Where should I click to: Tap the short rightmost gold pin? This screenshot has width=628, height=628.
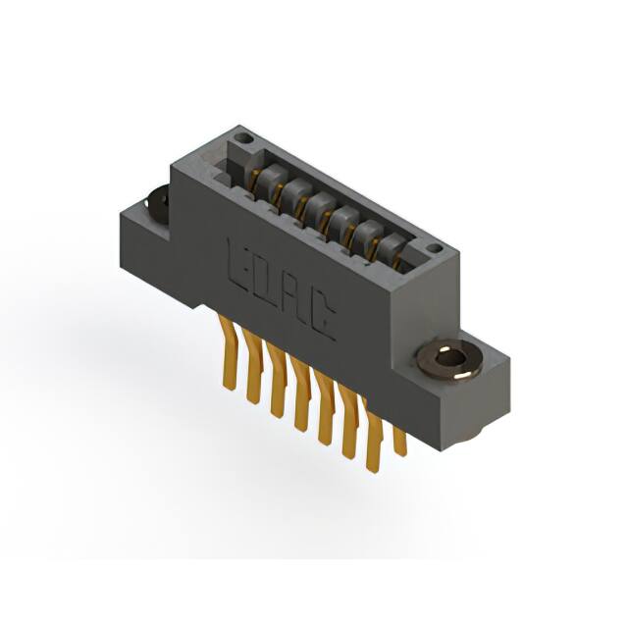[398, 437]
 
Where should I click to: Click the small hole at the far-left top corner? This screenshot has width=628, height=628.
[245, 140]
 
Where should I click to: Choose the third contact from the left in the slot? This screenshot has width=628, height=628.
[316, 205]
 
